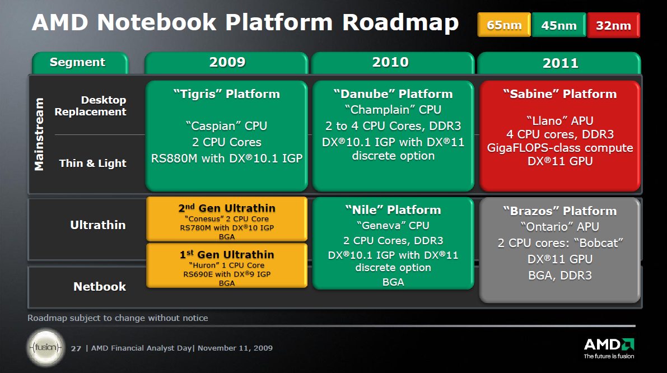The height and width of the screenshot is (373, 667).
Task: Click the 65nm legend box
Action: point(504,25)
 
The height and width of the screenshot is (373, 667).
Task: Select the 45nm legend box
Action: point(559,25)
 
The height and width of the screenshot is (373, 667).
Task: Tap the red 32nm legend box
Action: point(613,25)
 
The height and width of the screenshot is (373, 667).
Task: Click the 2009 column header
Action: point(227,62)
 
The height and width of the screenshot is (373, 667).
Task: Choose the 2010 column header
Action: point(391,62)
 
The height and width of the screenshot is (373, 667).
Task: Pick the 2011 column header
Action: point(560,63)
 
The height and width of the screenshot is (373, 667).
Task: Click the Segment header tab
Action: point(78,62)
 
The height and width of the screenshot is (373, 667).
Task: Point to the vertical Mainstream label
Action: point(39,134)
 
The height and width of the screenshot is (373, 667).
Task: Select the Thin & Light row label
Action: point(93,164)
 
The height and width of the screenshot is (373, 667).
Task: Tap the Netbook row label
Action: point(100,287)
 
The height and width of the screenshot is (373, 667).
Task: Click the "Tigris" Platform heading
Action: point(227,94)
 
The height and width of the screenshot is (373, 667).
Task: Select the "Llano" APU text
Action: point(559,120)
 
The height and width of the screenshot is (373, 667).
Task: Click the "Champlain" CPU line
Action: point(393,110)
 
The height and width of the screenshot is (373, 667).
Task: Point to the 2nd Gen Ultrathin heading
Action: point(227,208)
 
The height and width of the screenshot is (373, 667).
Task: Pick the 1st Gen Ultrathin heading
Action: point(227,255)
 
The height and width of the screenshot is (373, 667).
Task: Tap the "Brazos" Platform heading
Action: point(559,211)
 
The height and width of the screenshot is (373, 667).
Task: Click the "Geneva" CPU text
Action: point(393,225)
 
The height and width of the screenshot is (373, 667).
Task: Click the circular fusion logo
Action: point(45,347)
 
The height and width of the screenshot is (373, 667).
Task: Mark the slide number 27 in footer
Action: point(76,348)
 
